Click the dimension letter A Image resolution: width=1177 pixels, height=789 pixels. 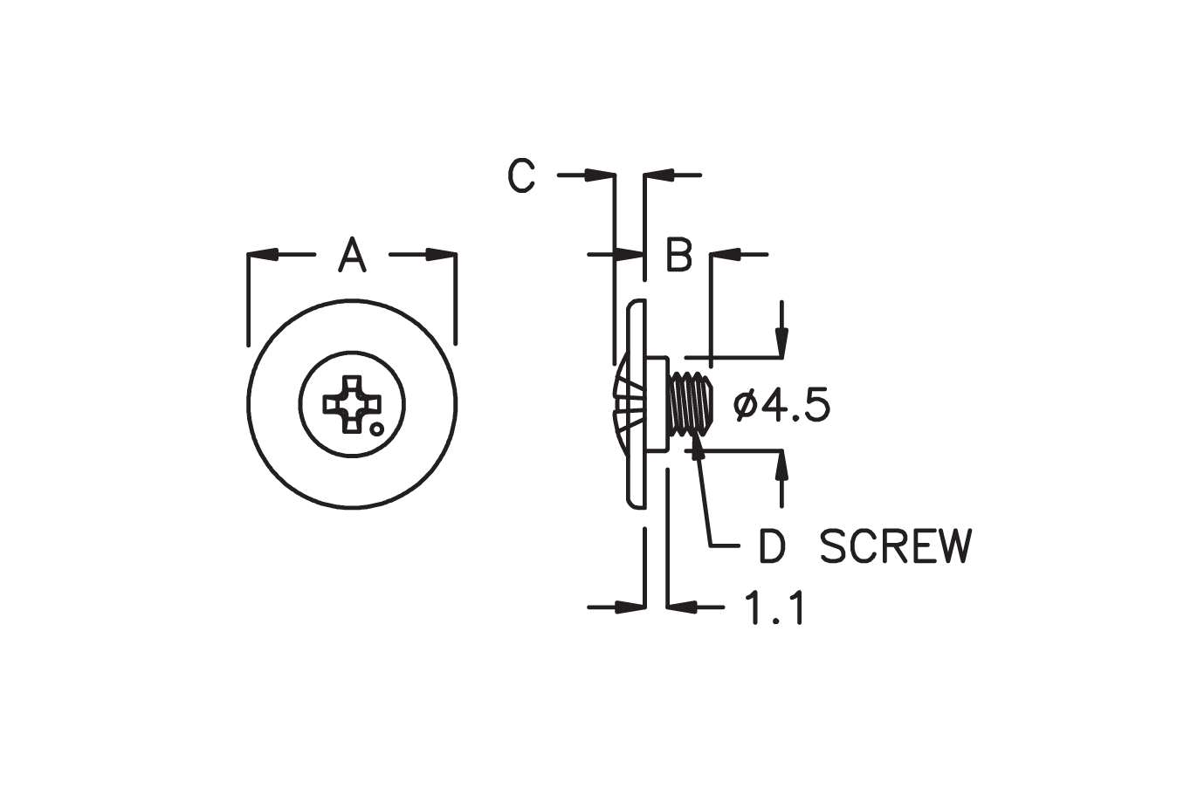[352, 255]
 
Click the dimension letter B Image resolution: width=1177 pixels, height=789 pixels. [679, 255]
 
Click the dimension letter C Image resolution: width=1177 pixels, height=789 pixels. [521, 175]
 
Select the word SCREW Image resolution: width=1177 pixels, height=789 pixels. [896, 546]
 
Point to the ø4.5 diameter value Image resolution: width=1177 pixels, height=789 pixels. [781, 405]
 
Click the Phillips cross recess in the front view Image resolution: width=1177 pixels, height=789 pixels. [352, 404]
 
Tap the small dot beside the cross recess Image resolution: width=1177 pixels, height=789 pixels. [376, 429]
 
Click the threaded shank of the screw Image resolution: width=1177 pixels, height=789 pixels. [692, 404]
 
